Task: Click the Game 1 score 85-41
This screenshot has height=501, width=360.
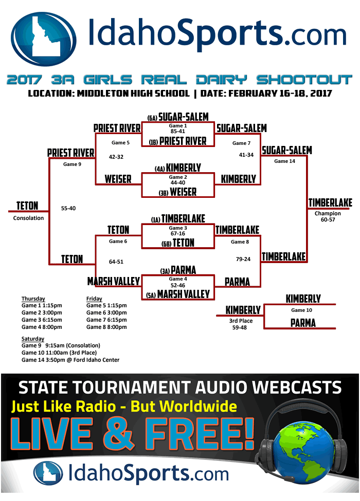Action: pos(177,131)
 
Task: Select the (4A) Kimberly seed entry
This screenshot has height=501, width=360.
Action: pos(177,168)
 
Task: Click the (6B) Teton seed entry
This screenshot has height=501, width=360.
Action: pos(177,243)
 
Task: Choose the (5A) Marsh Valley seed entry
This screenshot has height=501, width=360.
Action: pos(177,294)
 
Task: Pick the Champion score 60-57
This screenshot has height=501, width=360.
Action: pos(328,220)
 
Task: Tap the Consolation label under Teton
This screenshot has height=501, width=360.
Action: pos(29,218)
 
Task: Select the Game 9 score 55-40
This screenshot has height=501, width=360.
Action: pos(68,208)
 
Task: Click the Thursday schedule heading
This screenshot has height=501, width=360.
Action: pos(33,299)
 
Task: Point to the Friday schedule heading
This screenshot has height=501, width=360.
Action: pos(94,299)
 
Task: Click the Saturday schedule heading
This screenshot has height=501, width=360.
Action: pos(33,339)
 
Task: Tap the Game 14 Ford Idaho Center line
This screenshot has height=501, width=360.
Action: pos(70,360)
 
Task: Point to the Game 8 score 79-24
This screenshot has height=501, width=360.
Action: pos(243,259)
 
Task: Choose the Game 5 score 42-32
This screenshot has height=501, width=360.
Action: pos(116,157)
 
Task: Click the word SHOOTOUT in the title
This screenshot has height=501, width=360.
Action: pos(304,80)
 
